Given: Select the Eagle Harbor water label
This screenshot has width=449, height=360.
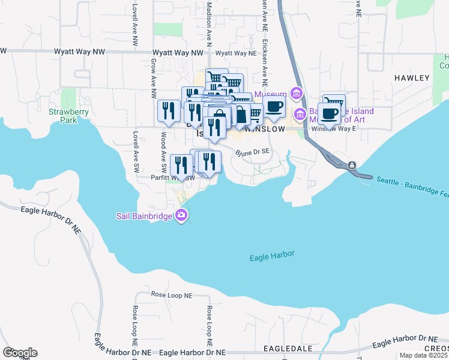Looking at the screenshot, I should [272, 256].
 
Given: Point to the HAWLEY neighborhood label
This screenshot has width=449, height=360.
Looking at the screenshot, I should [412, 78].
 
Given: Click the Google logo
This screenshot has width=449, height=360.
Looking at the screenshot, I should [20, 353].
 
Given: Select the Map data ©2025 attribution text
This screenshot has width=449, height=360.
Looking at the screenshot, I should [423, 355].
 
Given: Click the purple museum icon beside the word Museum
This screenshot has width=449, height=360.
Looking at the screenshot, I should [295, 94].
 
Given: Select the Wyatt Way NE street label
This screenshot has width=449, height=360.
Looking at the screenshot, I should [232, 53].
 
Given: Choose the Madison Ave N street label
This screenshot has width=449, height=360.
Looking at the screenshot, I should [209, 24].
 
